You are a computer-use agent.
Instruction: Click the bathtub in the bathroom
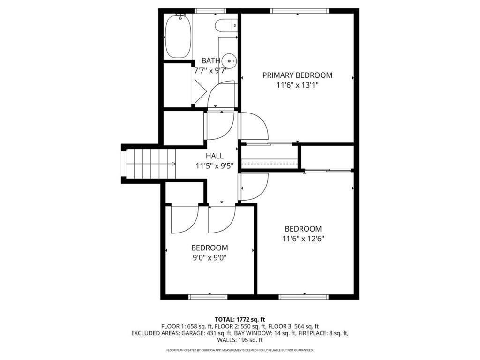point(178,36)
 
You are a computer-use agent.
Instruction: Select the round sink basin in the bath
point(229,60)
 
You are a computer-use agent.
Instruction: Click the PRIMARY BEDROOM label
point(297,75)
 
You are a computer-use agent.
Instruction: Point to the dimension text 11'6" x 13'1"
point(297,85)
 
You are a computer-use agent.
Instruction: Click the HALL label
point(215,156)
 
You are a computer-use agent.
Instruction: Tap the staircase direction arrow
point(173,164)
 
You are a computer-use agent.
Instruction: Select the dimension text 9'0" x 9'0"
point(210,257)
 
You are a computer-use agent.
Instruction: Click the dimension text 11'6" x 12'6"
point(303,239)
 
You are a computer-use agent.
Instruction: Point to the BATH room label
point(211,60)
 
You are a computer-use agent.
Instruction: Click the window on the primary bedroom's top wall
point(300,11)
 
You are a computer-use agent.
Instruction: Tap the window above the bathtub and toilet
point(210,11)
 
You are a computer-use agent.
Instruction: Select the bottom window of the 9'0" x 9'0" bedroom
point(208,297)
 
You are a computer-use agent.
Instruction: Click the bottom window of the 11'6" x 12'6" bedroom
point(303,297)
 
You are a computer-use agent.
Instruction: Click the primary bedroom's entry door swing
point(253,127)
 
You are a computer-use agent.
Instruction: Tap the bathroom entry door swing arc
point(220,94)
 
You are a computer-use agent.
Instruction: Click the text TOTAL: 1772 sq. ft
point(240,319)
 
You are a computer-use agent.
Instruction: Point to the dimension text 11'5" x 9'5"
point(215,165)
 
